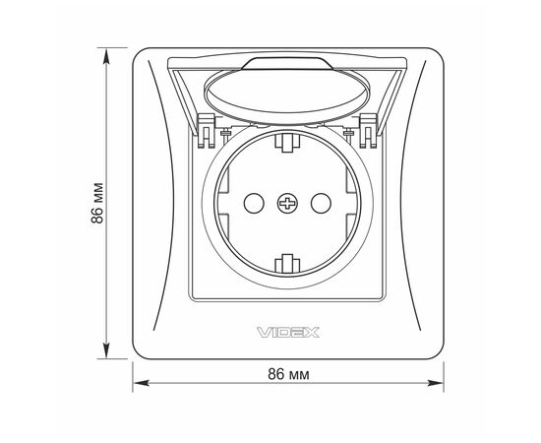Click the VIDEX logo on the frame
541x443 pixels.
pos(288,333)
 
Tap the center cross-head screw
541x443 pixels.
pos(287,204)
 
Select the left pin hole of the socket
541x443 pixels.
pos(254,204)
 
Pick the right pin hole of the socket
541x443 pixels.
pos(321,204)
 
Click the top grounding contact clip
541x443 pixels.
pos(287,143)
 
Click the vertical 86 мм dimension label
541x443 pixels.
pos(97,203)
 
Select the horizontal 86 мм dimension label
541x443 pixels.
pos(288,374)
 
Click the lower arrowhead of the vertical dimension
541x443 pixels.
pos(106,349)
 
